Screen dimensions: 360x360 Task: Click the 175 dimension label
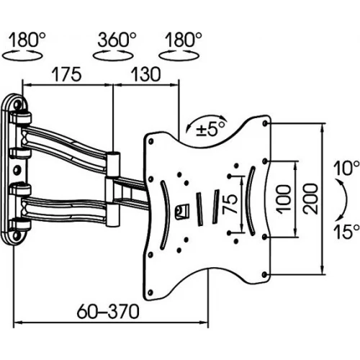pyautogui.click(x=67, y=74)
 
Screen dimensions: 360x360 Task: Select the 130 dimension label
pyautogui.click(x=145, y=74)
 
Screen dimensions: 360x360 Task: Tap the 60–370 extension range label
pyautogui.click(x=108, y=311)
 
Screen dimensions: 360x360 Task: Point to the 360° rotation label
pyautogui.click(x=117, y=40)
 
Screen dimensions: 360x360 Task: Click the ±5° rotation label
pyautogui.click(x=211, y=129)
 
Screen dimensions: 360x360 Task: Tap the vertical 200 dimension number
pyautogui.click(x=310, y=199)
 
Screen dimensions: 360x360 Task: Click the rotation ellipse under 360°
pyautogui.click(x=113, y=55)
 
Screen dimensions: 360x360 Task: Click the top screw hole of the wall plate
pyautogui.click(x=17, y=104)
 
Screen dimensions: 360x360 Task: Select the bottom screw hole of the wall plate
pyautogui.click(x=17, y=235)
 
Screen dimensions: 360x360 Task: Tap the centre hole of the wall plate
pyautogui.click(x=17, y=170)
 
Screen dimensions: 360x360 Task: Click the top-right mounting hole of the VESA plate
pyautogui.click(x=265, y=124)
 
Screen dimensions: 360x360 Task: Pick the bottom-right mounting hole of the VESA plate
pyautogui.click(x=264, y=274)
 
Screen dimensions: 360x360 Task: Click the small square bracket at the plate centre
pyautogui.click(x=182, y=211)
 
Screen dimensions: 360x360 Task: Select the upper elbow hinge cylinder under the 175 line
pyautogui.click(x=114, y=163)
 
